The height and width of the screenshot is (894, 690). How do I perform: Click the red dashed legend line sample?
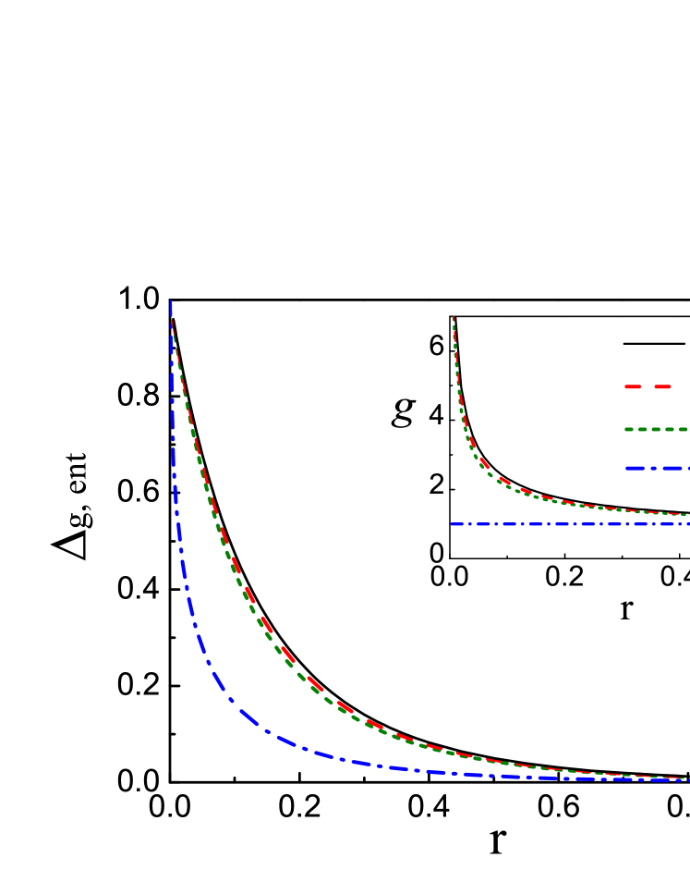coord(648,386)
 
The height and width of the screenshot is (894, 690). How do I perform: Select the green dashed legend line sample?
coord(657,430)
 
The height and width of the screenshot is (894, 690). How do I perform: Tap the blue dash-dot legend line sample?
coord(657,468)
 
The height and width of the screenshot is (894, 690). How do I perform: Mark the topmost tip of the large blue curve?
coord(171,300)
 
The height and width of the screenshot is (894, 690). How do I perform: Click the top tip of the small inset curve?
coord(454,318)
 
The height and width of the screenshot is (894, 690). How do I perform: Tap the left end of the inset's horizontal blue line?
coord(452,524)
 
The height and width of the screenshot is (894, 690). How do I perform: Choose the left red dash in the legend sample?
coord(634,386)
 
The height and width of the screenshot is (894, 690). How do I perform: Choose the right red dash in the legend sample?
coord(662,386)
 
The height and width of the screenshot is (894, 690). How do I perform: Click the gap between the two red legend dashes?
coord(648,386)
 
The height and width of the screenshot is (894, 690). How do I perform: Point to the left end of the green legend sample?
coord(626,430)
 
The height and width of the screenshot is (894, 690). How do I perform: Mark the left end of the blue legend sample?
coord(626,468)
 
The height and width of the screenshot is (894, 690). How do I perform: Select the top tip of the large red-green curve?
coord(174,322)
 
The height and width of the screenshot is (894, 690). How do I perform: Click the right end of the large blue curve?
coord(687,780)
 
